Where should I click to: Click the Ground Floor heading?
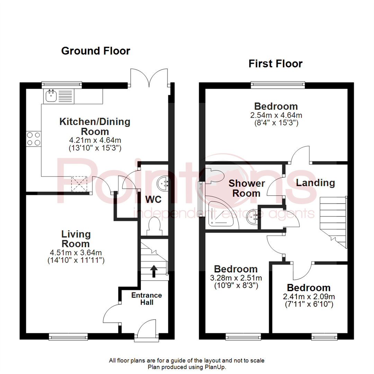(96, 51)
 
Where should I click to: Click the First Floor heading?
(270, 64)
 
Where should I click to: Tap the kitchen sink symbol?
(51, 96)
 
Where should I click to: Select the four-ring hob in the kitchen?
(33, 139)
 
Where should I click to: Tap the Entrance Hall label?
(146, 299)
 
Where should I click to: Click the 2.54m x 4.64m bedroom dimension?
(276, 115)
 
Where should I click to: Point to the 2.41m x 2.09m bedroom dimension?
(308, 296)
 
